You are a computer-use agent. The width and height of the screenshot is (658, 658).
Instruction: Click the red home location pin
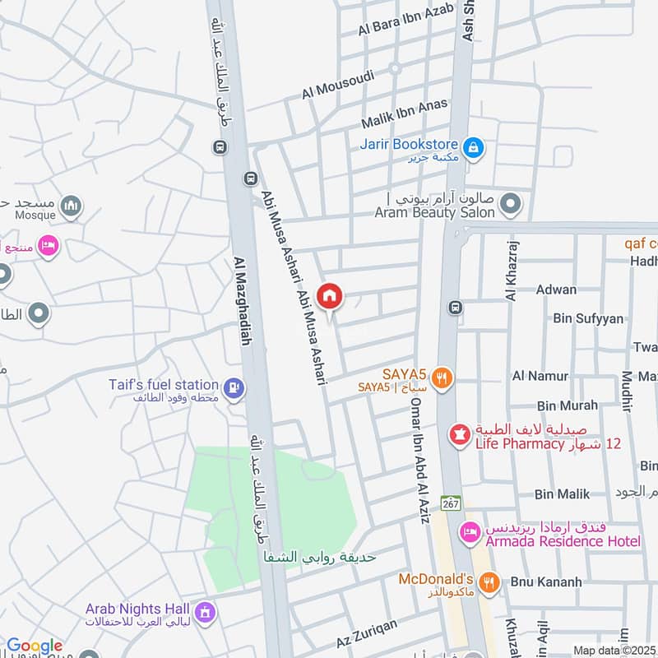pyautogui.click(x=330, y=296)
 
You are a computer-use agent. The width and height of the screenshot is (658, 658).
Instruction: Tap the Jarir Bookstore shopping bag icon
pyautogui.click(x=474, y=148)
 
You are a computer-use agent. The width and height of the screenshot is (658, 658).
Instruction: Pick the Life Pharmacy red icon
pyautogui.click(x=459, y=433)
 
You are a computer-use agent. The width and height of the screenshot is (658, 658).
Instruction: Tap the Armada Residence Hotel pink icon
pyautogui.click(x=470, y=533)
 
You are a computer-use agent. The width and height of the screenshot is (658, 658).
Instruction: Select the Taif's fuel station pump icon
pyautogui.click(x=234, y=387)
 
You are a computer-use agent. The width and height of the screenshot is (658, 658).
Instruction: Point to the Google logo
pyautogui.click(x=34, y=646)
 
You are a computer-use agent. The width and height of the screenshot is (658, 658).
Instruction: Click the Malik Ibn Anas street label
pyautogui.click(x=405, y=114)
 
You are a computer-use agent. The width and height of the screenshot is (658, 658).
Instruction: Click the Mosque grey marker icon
pyautogui.click(x=72, y=206)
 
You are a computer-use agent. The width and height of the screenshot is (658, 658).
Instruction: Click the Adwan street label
pyautogui.click(x=556, y=290)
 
